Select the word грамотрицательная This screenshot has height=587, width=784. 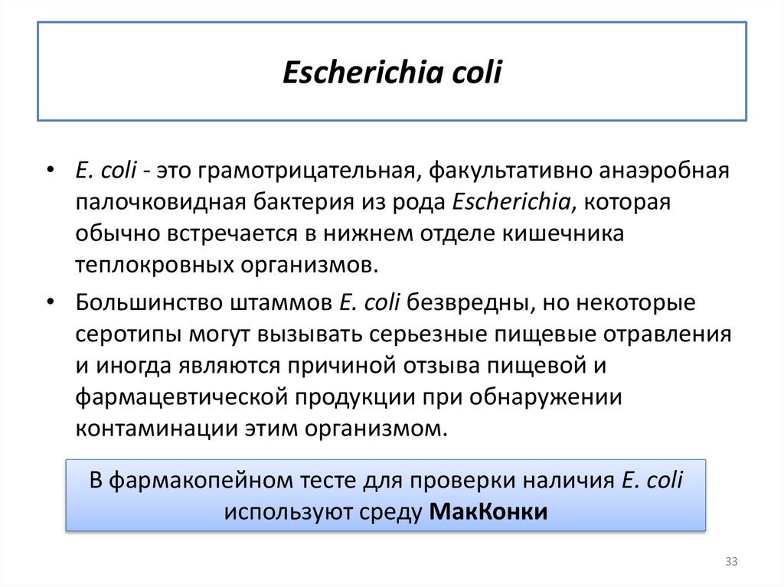pyautogui.click(x=305, y=170)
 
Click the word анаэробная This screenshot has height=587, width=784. pyautogui.click(x=662, y=170)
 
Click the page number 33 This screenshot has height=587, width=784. pyautogui.click(x=730, y=563)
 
